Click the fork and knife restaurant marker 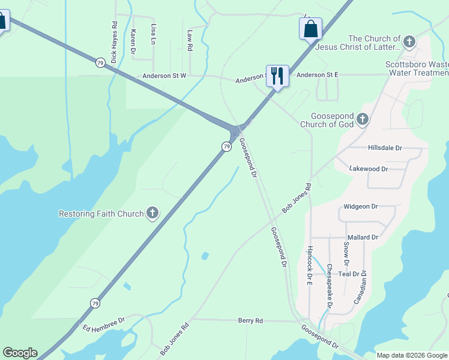277,76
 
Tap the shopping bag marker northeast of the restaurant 310,29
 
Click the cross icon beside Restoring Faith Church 152,213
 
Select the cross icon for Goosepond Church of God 362,119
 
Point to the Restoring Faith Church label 101,214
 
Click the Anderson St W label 164,76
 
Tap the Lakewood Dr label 369,169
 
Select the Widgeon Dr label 360,206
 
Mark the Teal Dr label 348,274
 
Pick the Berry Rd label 250,321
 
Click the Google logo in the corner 19,353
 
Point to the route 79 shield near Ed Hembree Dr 95,304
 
